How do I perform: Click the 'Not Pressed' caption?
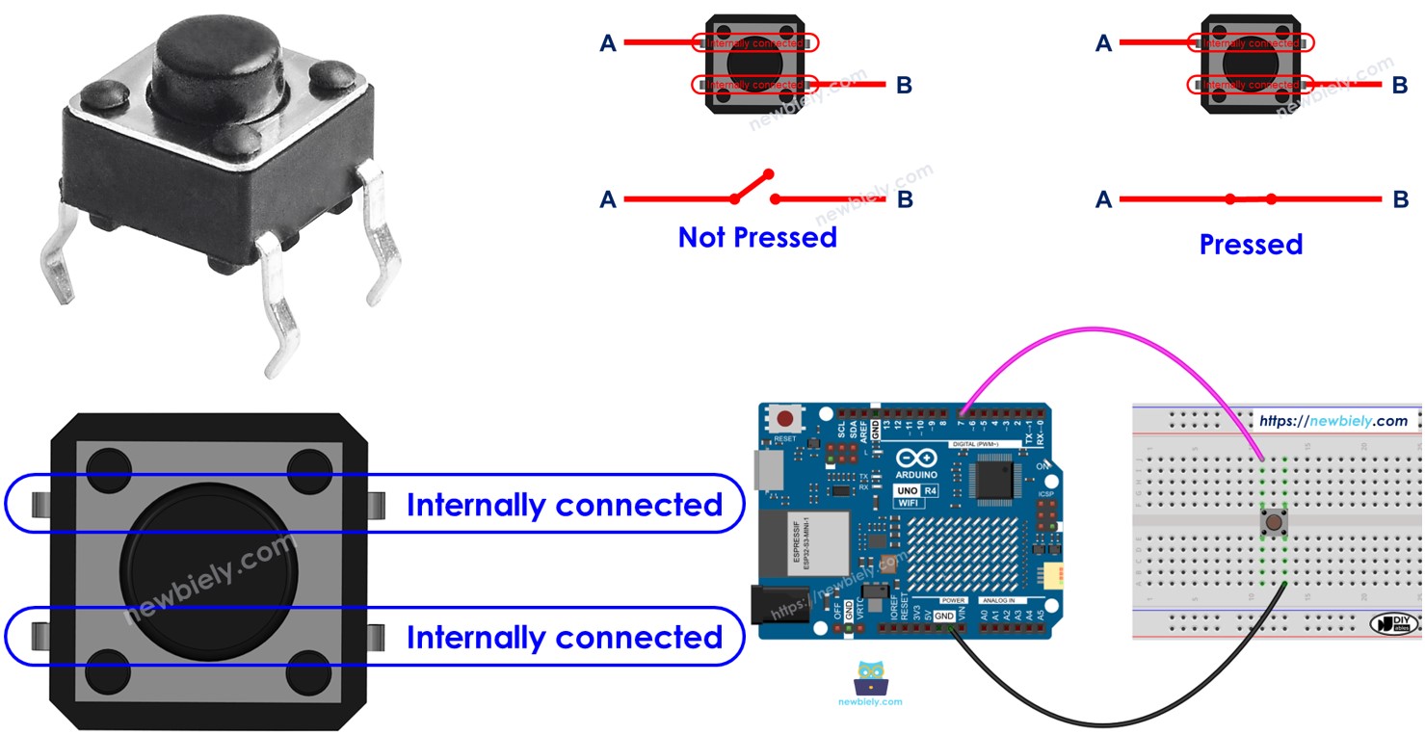757,237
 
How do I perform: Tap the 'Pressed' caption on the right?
1251,245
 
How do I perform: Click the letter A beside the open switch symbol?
608,200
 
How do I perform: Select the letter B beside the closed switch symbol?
1400,200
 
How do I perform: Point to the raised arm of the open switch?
752,187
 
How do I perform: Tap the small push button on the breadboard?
1276,523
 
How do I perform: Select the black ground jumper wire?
1108,721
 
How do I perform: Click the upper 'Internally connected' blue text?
564,505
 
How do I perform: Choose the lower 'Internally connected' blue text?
564,637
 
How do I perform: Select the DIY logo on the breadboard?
1395,623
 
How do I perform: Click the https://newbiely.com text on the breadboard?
1333,421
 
